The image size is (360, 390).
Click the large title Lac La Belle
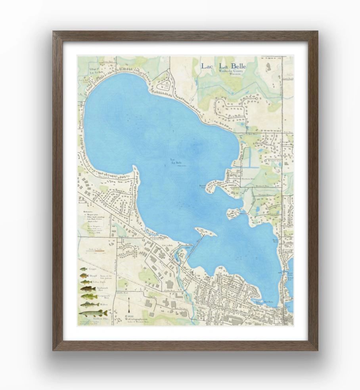pos(223,66)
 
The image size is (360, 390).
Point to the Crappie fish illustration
pos(83,269)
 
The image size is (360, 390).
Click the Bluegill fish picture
pos(84,275)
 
